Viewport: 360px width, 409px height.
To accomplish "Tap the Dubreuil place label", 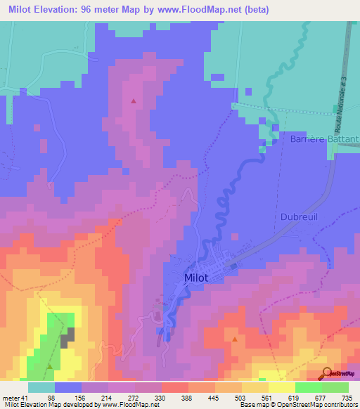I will click(300, 216).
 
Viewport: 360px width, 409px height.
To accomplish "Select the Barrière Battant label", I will click(324, 140).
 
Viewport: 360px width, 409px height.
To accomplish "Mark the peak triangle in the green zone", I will click(49, 365).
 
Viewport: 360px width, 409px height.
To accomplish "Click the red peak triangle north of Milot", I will click(133, 101).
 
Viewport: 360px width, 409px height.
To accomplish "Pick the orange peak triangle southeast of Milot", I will click(234, 339).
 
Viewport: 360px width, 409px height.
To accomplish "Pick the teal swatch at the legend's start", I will click(41, 387).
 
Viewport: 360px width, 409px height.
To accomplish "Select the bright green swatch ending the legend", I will click(335, 387).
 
